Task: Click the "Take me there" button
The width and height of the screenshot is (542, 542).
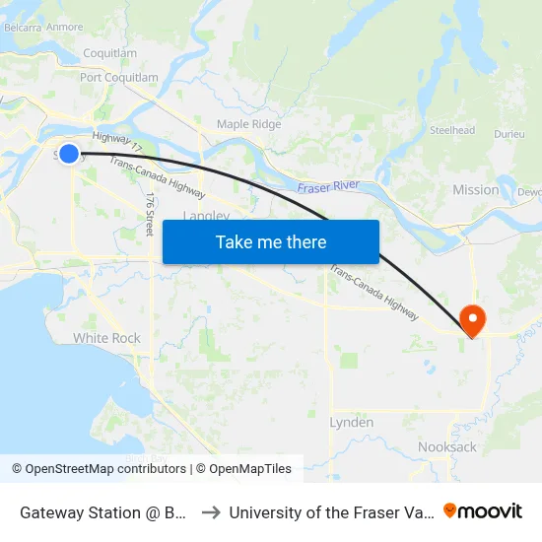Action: click(271, 241)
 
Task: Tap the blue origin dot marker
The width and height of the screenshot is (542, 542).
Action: click(69, 153)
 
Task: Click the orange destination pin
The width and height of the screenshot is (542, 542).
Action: click(473, 318)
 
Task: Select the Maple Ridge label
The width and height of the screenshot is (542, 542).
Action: click(249, 124)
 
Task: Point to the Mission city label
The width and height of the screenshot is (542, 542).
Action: click(475, 189)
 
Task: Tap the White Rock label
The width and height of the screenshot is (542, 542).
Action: click(106, 338)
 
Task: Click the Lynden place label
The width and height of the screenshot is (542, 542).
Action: click(351, 422)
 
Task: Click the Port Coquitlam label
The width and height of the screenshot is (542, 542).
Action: click(118, 77)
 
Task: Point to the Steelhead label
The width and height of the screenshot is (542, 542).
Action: click(452, 130)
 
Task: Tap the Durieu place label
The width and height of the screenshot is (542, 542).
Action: click(509, 132)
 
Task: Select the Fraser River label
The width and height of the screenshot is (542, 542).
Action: click(329, 185)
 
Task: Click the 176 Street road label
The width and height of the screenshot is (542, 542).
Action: click(150, 212)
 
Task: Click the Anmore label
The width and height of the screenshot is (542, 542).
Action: click(65, 27)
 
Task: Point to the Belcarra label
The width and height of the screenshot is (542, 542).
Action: click(22, 27)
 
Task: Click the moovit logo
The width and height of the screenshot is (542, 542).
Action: click(483, 510)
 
